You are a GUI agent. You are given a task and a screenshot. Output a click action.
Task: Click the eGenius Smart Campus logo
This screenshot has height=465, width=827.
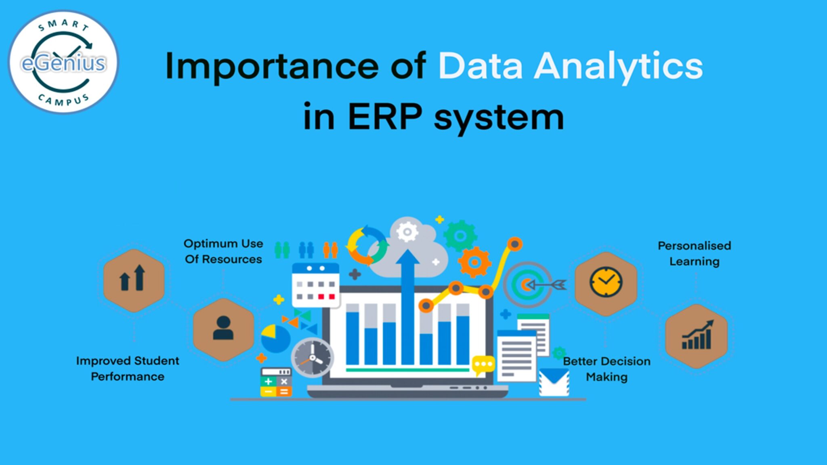click(63, 62)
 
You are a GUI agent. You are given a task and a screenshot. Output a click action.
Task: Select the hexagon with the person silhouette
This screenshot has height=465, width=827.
click(223, 329)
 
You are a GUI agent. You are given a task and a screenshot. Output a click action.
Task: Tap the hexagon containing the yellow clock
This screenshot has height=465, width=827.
click(606, 283)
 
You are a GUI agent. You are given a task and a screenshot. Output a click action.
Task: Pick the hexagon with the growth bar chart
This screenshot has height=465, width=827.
click(696, 336)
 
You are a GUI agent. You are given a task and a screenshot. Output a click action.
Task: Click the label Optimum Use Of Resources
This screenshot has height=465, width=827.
click(223, 251)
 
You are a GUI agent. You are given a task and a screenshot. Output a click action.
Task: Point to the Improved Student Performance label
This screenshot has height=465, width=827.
click(128, 369)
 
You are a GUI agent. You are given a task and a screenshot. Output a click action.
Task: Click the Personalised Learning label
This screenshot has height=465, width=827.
click(694, 253)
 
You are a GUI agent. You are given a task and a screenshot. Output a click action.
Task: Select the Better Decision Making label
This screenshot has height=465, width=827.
click(607, 369)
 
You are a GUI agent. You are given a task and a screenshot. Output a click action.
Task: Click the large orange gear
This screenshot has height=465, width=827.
click(474, 262)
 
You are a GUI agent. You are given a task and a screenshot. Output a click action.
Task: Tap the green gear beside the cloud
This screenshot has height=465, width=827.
click(460, 236)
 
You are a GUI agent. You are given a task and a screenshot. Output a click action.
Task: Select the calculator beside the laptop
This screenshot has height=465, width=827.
click(276, 382)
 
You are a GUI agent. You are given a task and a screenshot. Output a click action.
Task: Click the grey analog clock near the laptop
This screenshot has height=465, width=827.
click(312, 358)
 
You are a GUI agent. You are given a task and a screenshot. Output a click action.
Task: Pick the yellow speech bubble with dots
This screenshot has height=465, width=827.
click(483, 364)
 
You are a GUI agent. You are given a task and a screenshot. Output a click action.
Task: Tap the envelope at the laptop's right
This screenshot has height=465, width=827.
click(554, 382)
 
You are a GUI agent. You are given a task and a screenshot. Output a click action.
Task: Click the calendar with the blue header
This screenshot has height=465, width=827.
click(315, 285)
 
